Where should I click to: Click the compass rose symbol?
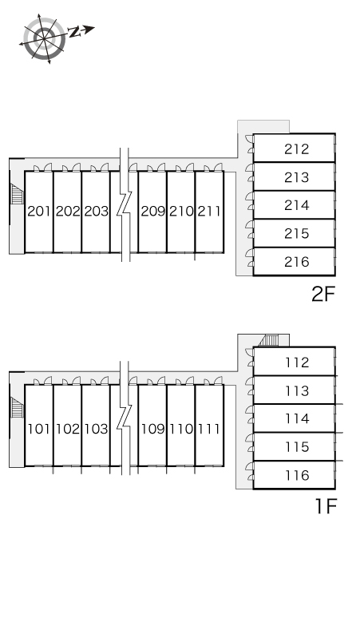(x=44, y=38)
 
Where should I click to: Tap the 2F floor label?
(x=323, y=294)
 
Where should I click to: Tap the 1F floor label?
(x=326, y=506)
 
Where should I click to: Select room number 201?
(x=38, y=212)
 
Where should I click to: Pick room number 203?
(x=96, y=212)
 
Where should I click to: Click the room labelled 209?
(x=152, y=212)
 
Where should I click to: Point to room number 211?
(x=209, y=212)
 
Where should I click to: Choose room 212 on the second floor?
(x=297, y=149)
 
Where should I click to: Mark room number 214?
(x=297, y=205)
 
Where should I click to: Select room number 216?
(x=297, y=262)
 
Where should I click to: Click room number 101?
(x=38, y=429)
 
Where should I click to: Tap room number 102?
(x=67, y=429)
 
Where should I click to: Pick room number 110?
(x=181, y=429)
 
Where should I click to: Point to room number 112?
(x=297, y=362)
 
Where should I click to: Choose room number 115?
(x=297, y=446)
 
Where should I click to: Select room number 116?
(x=297, y=475)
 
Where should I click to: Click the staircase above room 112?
(x=270, y=340)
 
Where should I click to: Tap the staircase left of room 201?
(x=17, y=194)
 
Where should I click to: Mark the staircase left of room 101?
(x=17, y=407)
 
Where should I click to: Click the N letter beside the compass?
(x=74, y=32)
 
